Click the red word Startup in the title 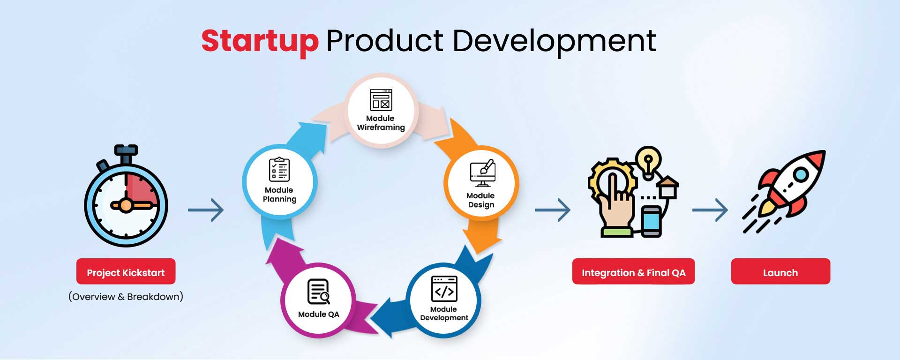(260, 42)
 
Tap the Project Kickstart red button (126, 271)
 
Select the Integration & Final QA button (633, 271)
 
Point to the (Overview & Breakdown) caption (126, 297)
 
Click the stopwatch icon (126, 196)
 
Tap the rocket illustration (784, 191)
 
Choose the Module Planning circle (280, 182)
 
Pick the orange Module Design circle (481, 183)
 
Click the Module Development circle (443, 300)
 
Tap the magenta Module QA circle (319, 300)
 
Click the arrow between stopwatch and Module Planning (206, 210)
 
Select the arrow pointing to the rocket (710, 210)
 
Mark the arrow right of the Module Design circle (553, 210)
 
